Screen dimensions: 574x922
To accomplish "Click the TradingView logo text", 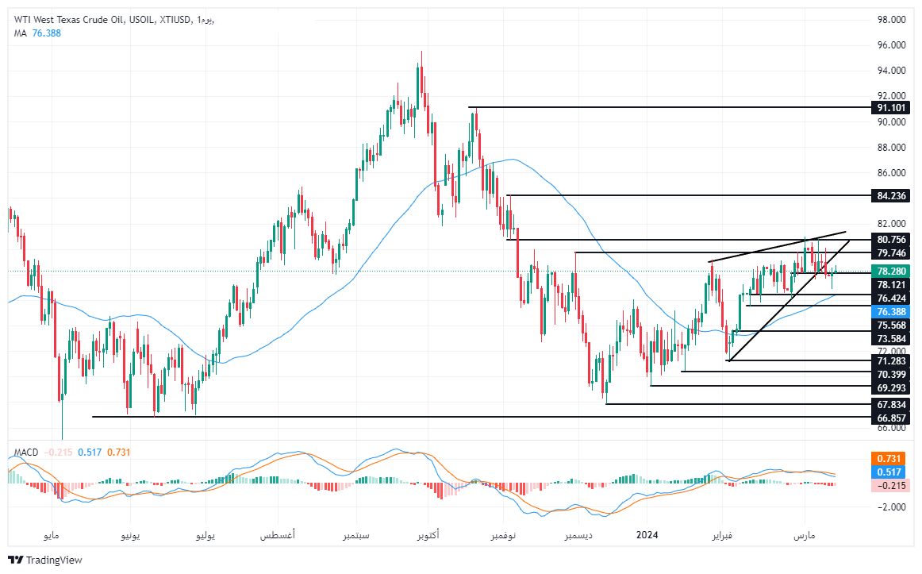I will click(54, 560).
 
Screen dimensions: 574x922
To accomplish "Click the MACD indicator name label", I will click(26, 453).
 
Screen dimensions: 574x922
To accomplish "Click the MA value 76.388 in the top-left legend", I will click(47, 33).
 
